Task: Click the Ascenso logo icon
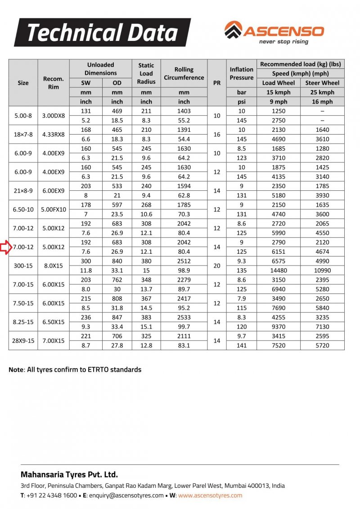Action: point(233,30)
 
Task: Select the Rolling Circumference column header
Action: point(184,73)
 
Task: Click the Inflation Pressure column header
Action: point(242,73)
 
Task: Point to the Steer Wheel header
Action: point(322,83)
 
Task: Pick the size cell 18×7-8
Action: point(23,135)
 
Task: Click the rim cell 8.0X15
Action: point(54,266)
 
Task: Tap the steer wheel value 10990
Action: point(322,270)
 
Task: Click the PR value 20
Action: point(217,266)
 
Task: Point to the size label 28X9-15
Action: point(23,341)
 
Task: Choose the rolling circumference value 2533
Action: point(184,317)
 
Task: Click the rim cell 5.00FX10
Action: point(54,210)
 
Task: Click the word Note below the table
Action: point(16,370)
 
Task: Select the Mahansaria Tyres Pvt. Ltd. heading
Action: point(69,474)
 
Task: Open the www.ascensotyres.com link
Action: point(210,495)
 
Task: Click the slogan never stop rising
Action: point(283,42)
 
